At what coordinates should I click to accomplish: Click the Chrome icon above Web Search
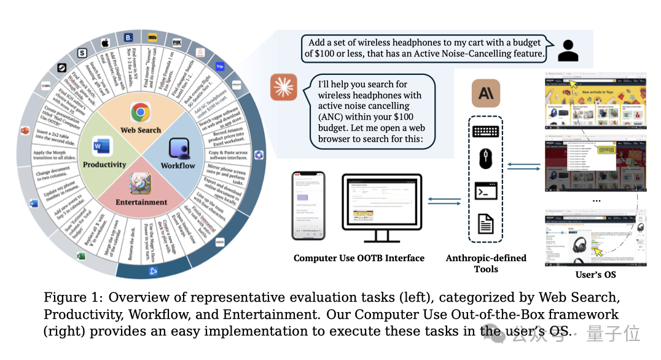click(141, 112)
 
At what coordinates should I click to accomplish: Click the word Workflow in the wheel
click(178, 165)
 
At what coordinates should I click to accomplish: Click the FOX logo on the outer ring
click(178, 43)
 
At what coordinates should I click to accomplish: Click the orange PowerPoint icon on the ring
click(25, 131)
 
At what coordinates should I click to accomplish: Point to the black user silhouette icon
click(568, 50)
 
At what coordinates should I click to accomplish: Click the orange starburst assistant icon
click(284, 87)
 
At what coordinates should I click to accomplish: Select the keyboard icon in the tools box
click(485, 131)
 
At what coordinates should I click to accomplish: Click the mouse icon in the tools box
click(485, 160)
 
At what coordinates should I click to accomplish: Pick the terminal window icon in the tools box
click(485, 190)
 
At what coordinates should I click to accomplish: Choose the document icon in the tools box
click(486, 222)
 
